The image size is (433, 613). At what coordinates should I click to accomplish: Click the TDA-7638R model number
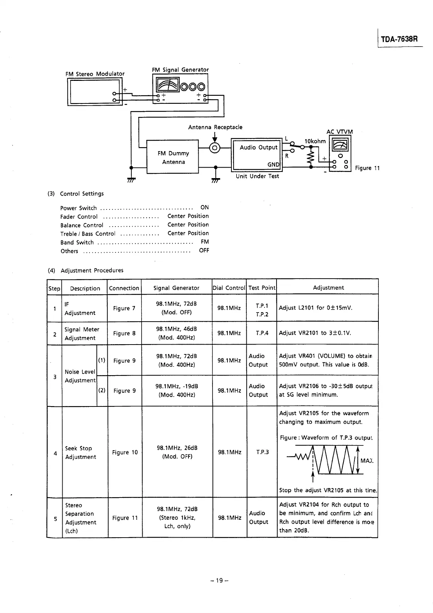[x=400, y=39]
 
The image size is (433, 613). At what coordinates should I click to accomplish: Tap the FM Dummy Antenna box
[x=173, y=157]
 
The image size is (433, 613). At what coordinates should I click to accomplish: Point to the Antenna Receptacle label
[x=215, y=127]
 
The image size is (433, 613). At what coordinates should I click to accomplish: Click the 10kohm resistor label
[x=315, y=141]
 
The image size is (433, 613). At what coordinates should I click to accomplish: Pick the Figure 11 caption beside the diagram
[x=367, y=168]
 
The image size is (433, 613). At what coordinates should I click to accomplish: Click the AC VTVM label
[x=339, y=132]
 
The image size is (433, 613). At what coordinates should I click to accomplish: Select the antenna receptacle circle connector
[x=215, y=148]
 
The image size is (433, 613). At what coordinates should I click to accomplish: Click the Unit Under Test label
[x=257, y=176]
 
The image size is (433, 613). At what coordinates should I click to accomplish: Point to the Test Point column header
[x=262, y=288]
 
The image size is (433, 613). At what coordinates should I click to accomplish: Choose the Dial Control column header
[x=229, y=288]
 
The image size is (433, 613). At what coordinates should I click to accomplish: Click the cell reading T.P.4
[x=262, y=333]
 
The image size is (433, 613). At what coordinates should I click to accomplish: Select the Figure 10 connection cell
[x=125, y=452]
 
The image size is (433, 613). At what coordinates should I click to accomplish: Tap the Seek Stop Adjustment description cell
[x=80, y=453]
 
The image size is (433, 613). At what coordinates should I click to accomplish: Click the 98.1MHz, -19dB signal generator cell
[x=177, y=390]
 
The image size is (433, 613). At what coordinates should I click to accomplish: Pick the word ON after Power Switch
[x=204, y=207]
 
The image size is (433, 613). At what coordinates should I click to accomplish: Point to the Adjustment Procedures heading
[x=92, y=270]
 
